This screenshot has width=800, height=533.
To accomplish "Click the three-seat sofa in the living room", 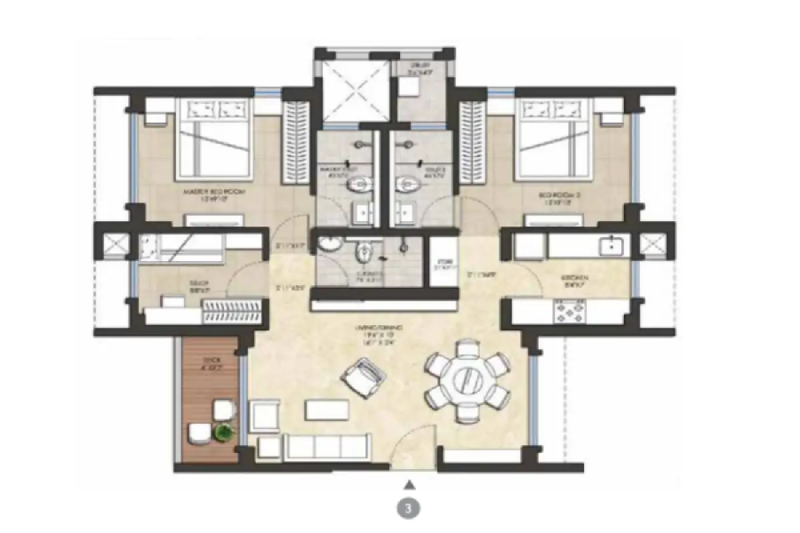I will [x=327, y=445].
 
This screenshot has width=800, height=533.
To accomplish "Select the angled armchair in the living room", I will [x=364, y=378].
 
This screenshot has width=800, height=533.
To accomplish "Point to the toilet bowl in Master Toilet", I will [x=359, y=185].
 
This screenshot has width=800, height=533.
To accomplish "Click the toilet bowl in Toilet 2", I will [x=406, y=185].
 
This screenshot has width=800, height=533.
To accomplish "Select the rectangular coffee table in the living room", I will [x=327, y=409].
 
